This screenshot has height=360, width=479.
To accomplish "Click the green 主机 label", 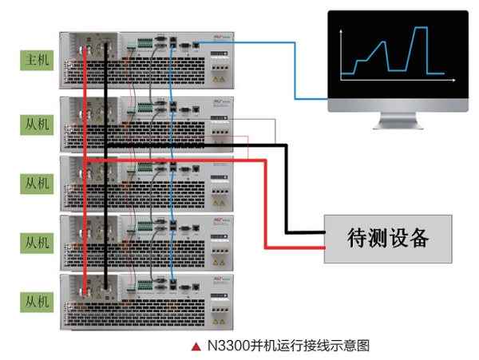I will click(x=37, y=61).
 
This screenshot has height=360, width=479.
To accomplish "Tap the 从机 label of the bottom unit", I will click(x=37, y=302).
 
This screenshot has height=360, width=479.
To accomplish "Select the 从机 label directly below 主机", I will click(x=37, y=123).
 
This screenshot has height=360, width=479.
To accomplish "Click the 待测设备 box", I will click(x=388, y=237).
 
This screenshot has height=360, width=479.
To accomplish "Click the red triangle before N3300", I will click(x=196, y=346).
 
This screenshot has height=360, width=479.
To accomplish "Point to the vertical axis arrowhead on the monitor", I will click(x=342, y=30).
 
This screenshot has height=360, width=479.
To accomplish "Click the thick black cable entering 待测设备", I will click(x=303, y=231).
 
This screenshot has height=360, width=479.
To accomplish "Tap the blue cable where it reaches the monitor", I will click(x=323, y=99).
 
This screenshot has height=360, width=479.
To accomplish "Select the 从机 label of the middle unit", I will click(x=37, y=183).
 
